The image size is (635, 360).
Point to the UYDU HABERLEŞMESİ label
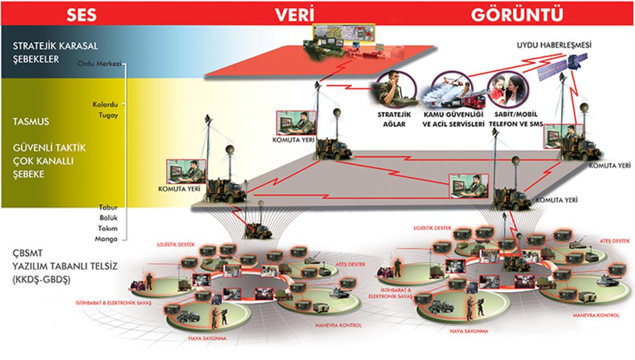[554, 46]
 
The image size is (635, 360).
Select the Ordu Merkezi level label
[99, 64]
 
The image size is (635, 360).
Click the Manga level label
[107, 239]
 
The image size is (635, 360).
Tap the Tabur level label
[107, 207]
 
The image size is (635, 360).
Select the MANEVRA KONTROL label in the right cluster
[596, 315]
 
